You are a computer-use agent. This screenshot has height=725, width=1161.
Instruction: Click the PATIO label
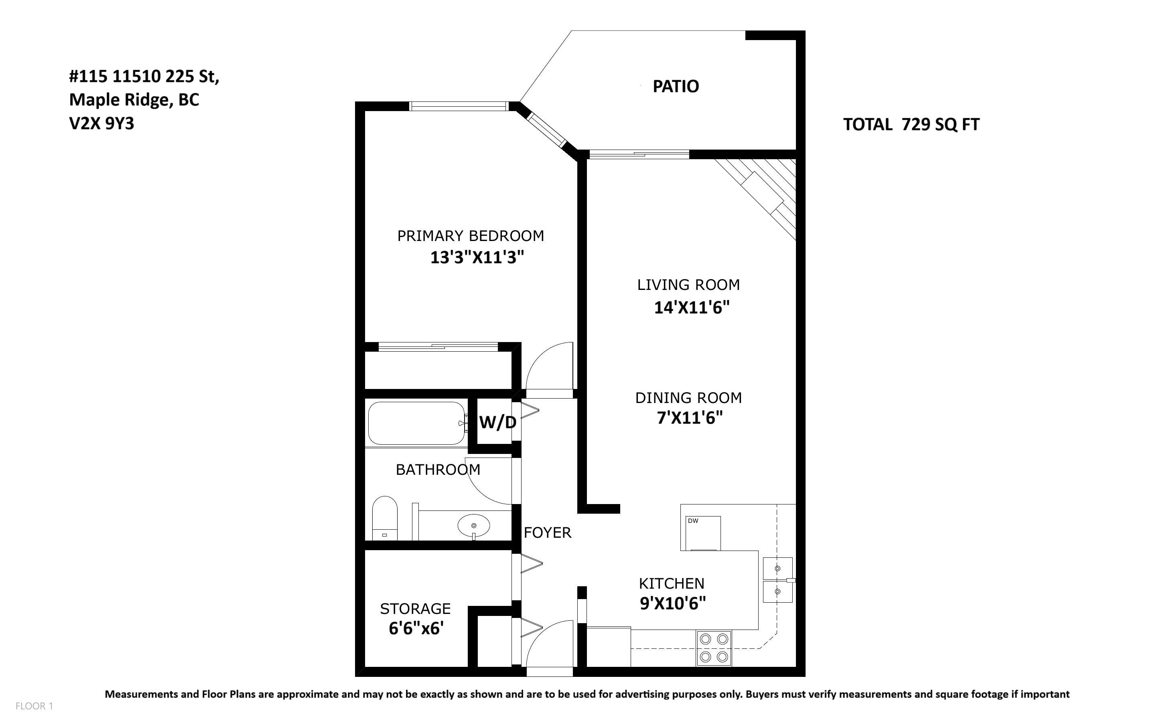pos(676,86)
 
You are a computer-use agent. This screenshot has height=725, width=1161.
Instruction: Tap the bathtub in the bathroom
pos(416,423)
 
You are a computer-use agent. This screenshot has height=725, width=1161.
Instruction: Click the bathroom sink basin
pos(474,526)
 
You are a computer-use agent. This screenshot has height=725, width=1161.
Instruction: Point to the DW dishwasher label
pos(692,521)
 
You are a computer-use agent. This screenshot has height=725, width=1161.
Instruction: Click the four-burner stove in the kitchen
pos(714,648)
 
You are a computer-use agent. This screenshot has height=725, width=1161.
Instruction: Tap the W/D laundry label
pos(498,422)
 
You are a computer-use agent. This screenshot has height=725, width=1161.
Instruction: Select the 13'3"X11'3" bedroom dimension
pos(477,257)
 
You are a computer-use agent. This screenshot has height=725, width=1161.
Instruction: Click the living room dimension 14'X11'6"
pos(692,307)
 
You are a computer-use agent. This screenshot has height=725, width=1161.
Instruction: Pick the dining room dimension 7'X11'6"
pos(689,418)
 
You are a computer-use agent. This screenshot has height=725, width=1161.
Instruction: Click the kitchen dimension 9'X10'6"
pos(673,603)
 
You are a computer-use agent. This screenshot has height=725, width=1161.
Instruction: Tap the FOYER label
pos(547,533)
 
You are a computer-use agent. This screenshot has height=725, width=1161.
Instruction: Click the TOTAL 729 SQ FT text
pos(911,125)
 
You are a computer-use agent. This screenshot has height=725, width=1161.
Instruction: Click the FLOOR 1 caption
pos(34,706)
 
